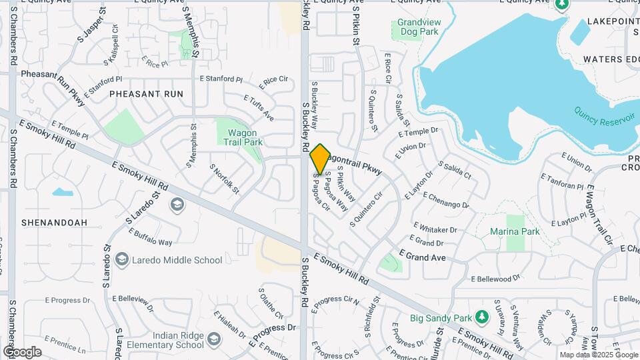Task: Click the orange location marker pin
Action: coord(320,159)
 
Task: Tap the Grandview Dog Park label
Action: coord(418,27)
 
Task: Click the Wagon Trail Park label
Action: coord(241,137)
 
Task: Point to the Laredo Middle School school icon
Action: coord(121,260)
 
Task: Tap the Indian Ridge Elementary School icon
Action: coord(213,340)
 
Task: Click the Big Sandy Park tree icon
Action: coord(480,318)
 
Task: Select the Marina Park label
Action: coord(515,231)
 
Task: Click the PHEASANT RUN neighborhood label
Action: coord(146,94)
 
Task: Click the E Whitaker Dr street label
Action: coord(435,228)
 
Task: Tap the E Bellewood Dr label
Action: coord(495,279)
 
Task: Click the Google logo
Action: coord(22,352)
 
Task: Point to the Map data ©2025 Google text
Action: coord(598,355)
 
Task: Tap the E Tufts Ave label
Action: coord(258,108)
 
